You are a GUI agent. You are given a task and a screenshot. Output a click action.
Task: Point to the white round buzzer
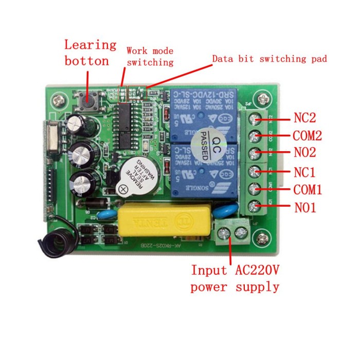tap(138, 176)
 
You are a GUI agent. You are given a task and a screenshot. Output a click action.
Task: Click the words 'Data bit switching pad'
tap(269, 59)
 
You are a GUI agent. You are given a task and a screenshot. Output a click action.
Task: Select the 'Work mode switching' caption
tap(150, 57)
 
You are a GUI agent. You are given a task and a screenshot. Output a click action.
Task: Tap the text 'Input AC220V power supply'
tap(235, 278)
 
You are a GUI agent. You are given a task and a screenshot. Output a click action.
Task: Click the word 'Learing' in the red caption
tap(91, 45)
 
